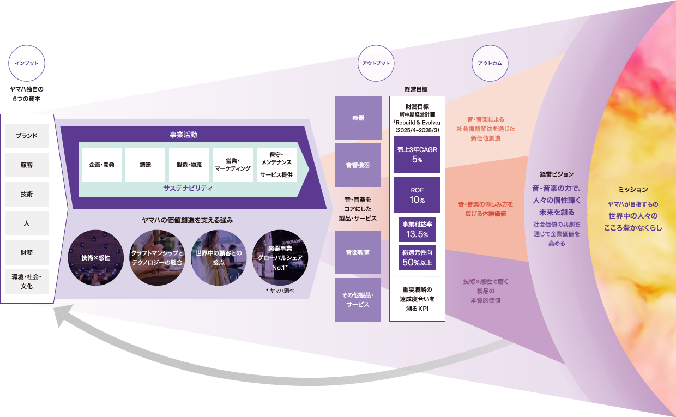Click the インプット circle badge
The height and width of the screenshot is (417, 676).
click(27, 63)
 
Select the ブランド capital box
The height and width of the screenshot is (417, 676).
click(27, 136)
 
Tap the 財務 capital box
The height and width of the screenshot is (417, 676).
click(27, 252)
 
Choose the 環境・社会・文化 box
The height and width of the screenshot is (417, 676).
click(27, 282)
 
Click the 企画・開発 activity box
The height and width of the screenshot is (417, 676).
click(102, 164)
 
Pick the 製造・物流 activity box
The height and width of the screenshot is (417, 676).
click(189, 164)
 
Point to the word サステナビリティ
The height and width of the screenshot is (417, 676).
click(188, 188)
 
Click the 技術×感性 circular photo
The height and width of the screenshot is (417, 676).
click(95, 257)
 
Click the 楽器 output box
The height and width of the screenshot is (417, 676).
click(358, 118)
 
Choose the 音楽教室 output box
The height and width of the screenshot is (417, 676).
click(358, 252)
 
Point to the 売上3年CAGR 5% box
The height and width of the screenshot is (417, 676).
click(417, 154)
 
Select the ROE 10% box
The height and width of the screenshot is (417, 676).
click(417, 195)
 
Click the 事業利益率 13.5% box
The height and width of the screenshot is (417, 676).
click(417, 229)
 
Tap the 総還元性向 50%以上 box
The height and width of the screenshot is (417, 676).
click(417, 257)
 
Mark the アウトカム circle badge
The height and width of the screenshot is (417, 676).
click(489, 63)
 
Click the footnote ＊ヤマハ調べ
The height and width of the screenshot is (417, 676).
click(280, 291)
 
